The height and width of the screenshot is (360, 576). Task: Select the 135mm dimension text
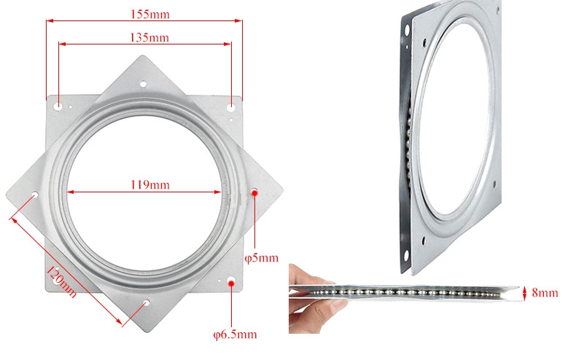pyautogui.click(x=145, y=37)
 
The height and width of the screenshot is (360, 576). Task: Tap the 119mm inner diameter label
pyautogui.click(x=149, y=185)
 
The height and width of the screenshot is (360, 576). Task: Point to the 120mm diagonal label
pyautogui.click(x=61, y=282)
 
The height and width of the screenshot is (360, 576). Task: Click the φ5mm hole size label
pyautogui.click(x=260, y=257)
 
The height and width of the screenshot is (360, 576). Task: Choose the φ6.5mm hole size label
pyautogui.click(x=234, y=334)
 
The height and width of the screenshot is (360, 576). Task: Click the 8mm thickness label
pyautogui.click(x=544, y=293)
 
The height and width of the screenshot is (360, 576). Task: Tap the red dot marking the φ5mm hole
pyautogui.click(x=254, y=192)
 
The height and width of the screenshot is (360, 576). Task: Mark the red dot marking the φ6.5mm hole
pyautogui.click(x=231, y=281)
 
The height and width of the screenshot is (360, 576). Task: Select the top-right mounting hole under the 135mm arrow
pyautogui.click(x=231, y=106)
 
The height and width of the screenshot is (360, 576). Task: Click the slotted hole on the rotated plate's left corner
pyautogui.click(x=34, y=195)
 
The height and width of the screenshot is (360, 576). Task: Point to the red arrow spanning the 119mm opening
pyautogui.click(x=145, y=193)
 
